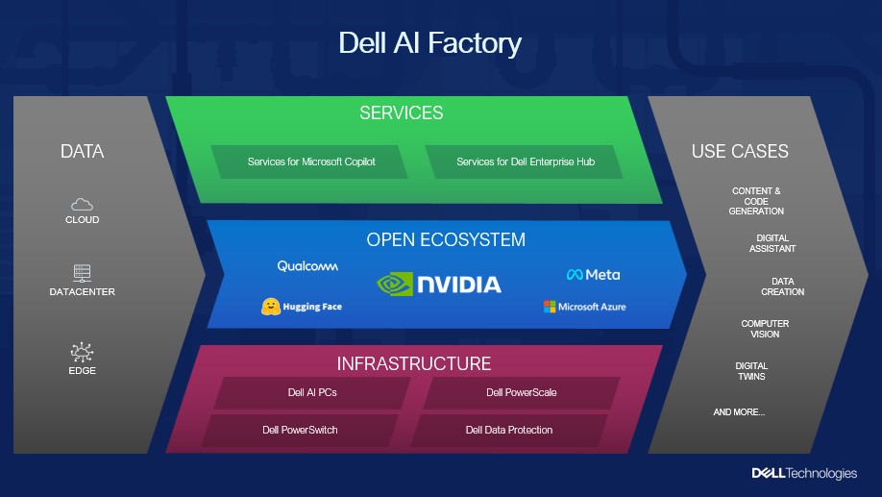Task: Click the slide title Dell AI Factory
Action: [430, 43]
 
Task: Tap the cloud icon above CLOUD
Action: [82, 204]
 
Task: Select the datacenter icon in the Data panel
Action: [82, 273]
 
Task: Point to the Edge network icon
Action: [82, 353]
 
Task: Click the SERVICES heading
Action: [402, 113]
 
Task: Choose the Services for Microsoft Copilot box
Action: [311, 162]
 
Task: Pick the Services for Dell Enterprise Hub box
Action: [525, 162]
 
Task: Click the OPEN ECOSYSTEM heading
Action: [446, 239]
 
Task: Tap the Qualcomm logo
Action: [307, 266]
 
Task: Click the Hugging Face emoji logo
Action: [271, 307]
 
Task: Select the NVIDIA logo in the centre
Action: [439, 284]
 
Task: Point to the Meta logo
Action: [593, 274]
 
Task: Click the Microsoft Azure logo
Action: [584, 307]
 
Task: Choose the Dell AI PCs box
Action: [311, 392]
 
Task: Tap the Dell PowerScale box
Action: [521, 392]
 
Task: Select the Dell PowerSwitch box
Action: [300, 430]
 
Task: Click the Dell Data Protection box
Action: [509, 430]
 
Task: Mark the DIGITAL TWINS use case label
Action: [751, 371]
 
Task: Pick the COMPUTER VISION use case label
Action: [765, 329]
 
